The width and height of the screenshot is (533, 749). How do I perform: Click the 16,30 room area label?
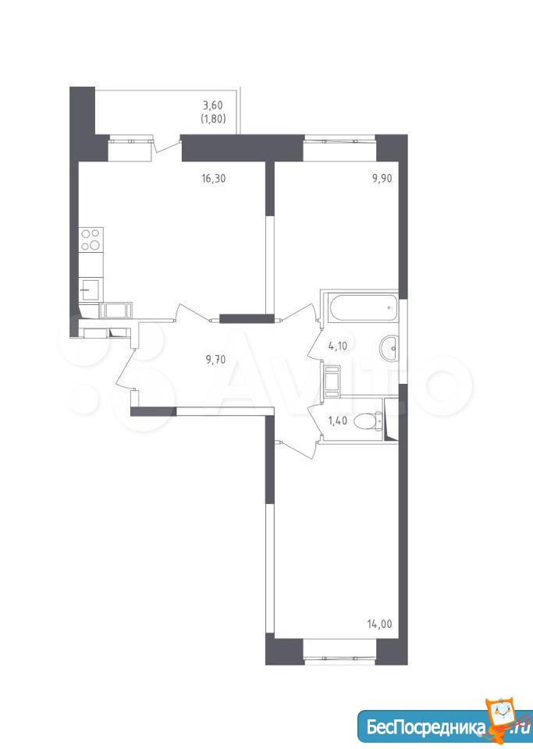pos(213,179)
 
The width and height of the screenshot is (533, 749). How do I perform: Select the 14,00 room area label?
pos(380,623)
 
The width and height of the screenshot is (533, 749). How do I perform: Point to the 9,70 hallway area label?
pos(215,360)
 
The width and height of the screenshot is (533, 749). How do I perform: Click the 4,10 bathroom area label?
pos(338,346)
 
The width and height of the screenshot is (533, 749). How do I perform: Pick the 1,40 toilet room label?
pos(337,421)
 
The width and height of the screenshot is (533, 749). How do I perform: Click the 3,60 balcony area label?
pos(213,105)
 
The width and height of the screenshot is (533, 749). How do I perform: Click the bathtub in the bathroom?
pos(361,307)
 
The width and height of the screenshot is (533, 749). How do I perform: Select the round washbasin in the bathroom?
pos(389,348)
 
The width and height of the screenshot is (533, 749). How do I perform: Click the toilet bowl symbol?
pos(368,421)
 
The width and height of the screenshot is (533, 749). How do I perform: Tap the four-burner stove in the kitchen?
pos(91,240)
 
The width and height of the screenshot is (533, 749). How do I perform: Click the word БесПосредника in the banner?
pos(424,727)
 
